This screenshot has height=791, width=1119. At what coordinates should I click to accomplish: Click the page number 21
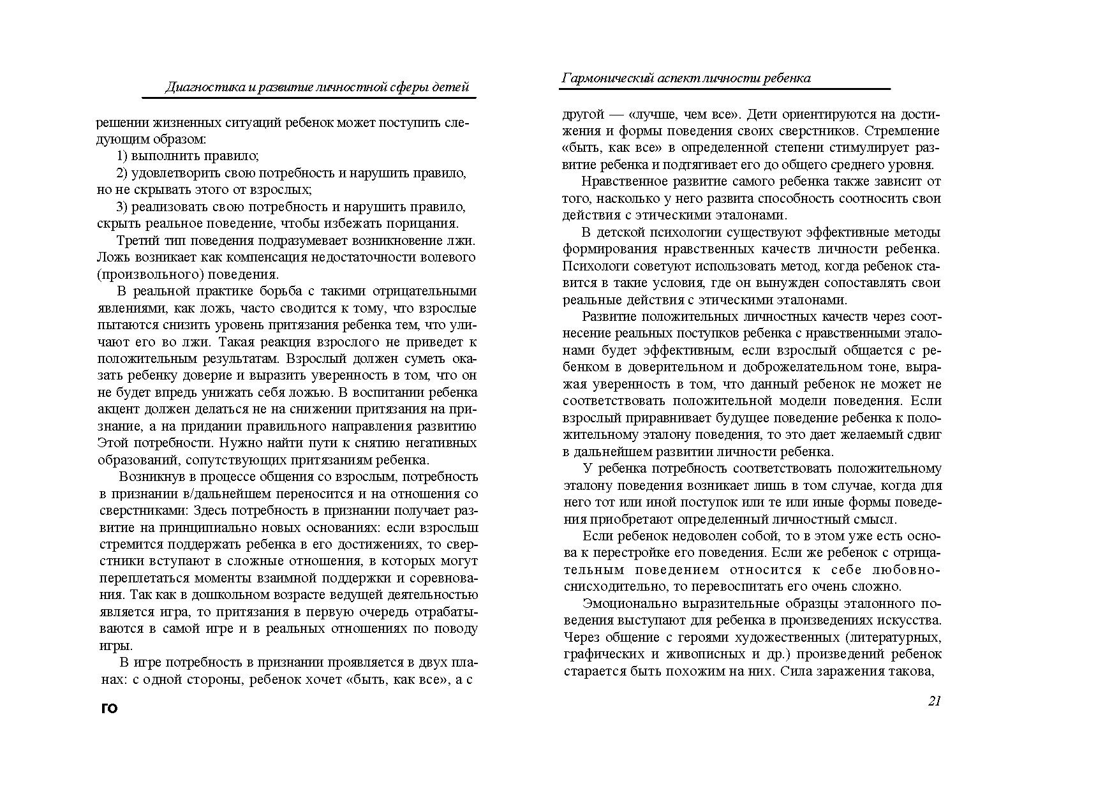click(x=934, y=701)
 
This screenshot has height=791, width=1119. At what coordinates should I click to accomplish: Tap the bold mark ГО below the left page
click(x=110, y=708)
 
